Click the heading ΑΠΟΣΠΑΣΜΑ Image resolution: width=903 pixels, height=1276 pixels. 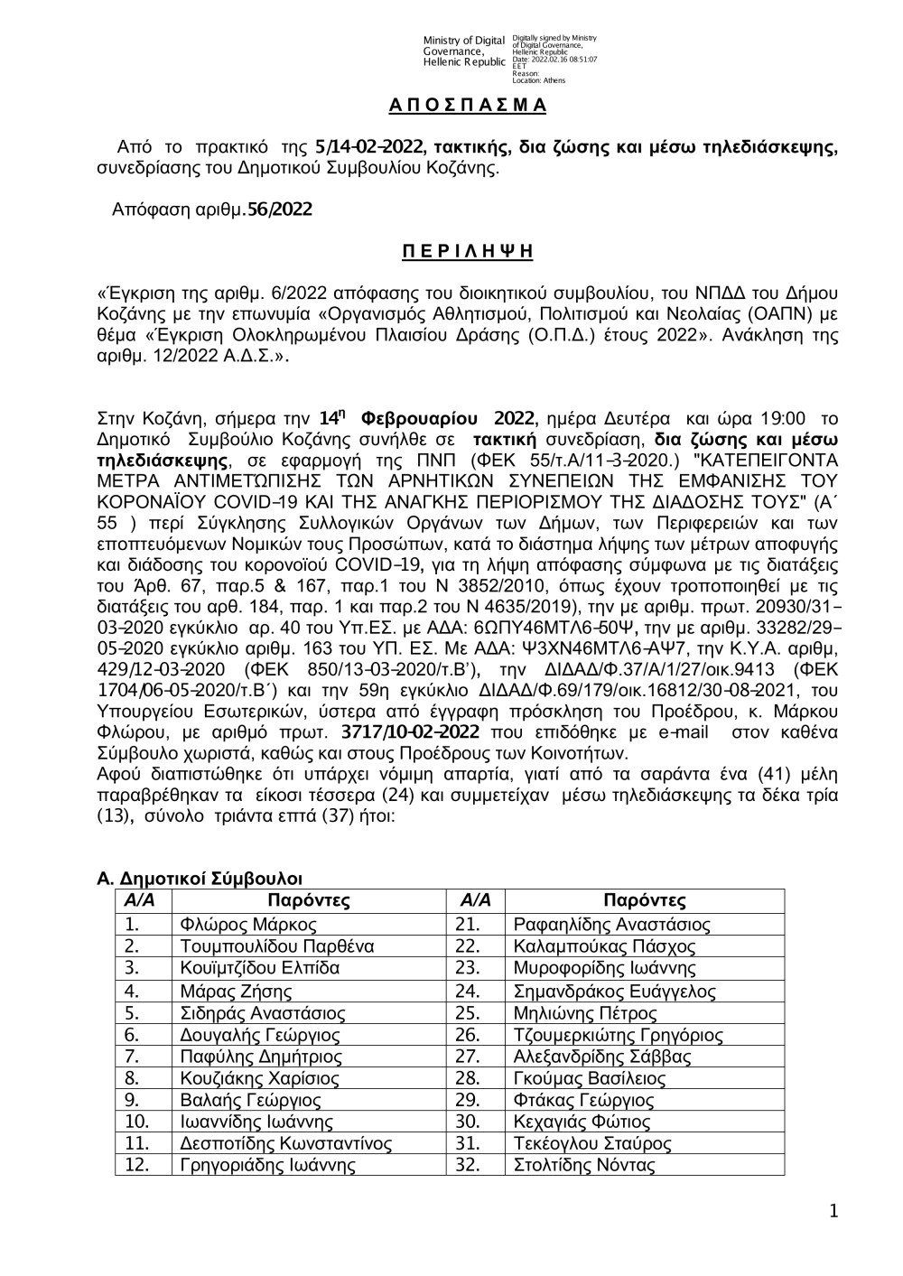click(x=468, y=106)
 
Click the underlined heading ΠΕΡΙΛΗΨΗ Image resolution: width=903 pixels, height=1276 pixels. click(x=467, y=251)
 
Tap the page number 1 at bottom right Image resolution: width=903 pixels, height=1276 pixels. click(x=833, y=1211)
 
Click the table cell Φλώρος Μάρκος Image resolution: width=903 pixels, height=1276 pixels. click(x=248, y=925)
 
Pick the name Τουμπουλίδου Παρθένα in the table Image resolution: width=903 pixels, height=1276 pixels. click(x=277, y=946)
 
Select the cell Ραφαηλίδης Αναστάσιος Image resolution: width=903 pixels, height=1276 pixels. click(x=611, y=925)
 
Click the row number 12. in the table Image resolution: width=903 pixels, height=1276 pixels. click(x=137, y=1165)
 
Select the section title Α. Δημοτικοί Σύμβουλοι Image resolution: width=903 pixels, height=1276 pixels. click(x=200, y=878)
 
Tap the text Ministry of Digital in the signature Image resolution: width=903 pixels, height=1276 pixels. click(x=463, y=41)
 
